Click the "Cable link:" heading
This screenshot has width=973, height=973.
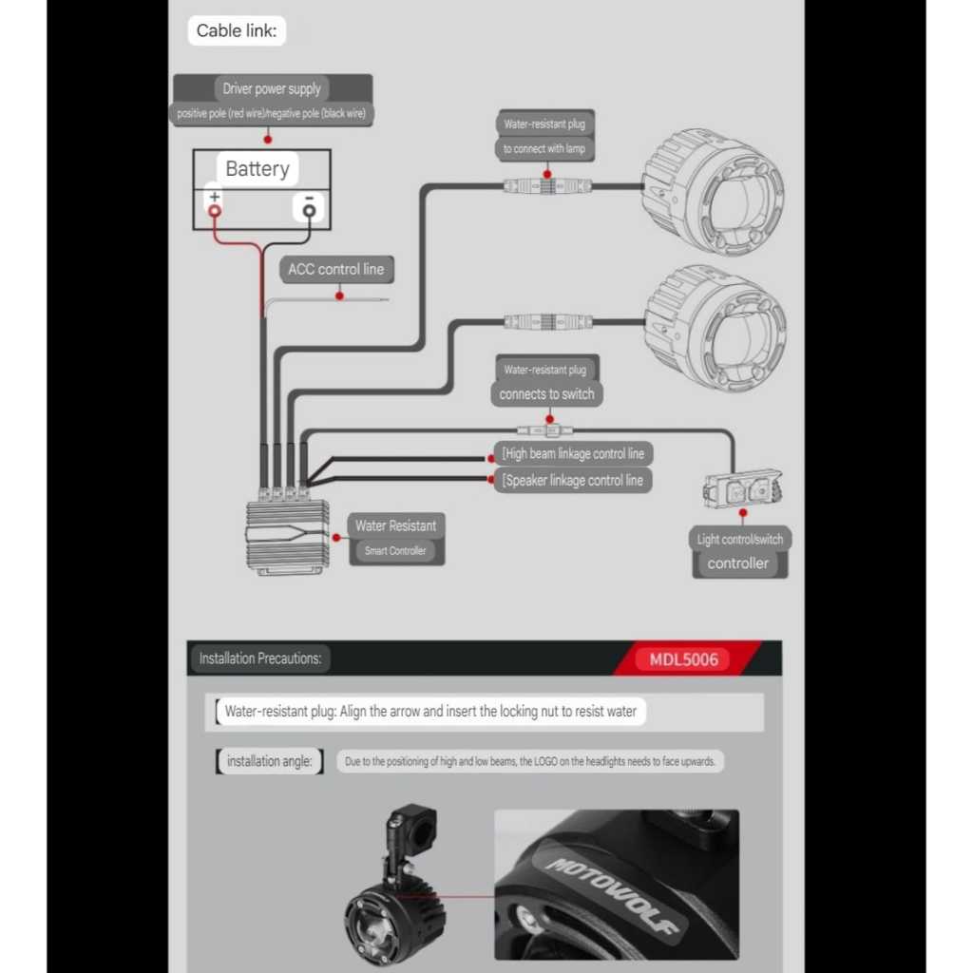pos(237,30)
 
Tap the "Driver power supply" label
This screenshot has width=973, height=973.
pos(272,89)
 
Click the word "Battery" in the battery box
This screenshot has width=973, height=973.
pos(257,169)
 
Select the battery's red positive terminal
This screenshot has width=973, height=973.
pos(215,209)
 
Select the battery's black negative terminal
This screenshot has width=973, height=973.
pos(309,209)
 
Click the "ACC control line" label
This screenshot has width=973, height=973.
pos(335,270)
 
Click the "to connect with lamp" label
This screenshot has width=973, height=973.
pos(544,149)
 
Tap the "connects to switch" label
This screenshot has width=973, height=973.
pos(546,394)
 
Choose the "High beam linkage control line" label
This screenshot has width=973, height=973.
pos(573,454)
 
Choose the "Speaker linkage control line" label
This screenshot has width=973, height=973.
pos(573,481)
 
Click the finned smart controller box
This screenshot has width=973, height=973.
pos(288,536)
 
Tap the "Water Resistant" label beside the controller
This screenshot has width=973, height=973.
pos(395,525)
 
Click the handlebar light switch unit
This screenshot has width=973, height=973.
pos(742,490)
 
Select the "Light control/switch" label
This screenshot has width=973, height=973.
pos(739,540)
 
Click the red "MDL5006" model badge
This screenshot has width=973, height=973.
pos(684,658)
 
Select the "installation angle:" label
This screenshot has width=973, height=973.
pos(269,761)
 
